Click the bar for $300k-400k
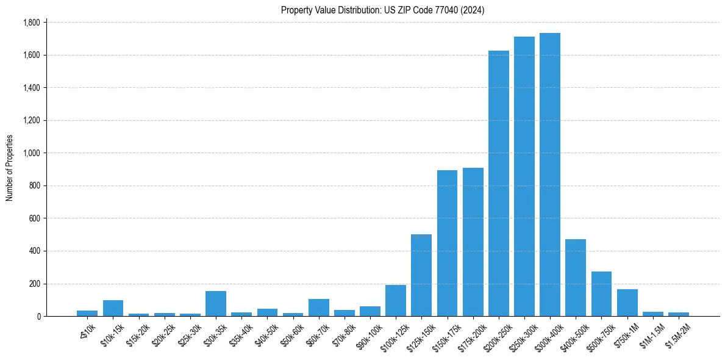pyautogui.click(x=549, y=175)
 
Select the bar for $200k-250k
pyautogui.click(x=498, y=183)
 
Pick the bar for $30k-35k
pyautogui.click(x=216, y=303)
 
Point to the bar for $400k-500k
pyautogui.click(x=576, y=278)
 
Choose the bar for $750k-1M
pyautogui.click(x=627, y=303)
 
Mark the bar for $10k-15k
pyautogui.click(x=113, y=308)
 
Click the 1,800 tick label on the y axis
pyautogui.click(x=31, y=23)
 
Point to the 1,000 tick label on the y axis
pyautogui.click(x=31, y=153)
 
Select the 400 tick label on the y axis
pyautogui.click(x=34, y=251)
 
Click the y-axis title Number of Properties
pyautogui.click(x=9, y=168)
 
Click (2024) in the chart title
pyautogui.click(x=474, y=10)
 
